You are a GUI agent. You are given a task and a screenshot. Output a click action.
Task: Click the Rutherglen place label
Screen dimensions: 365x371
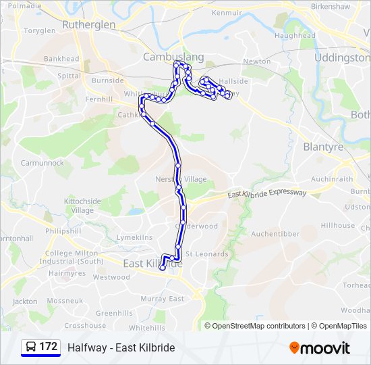coord(88,24)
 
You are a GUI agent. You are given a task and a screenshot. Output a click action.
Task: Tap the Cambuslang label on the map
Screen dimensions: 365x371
coord(164,57)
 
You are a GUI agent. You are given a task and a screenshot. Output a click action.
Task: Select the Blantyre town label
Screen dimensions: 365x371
coord(323,146)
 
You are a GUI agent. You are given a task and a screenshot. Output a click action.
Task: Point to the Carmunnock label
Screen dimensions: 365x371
coord(42,163)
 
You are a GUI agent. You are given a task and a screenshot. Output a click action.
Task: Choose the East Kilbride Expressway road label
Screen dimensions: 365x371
coord(267,194)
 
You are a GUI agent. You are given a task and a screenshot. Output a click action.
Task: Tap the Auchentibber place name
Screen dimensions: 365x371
coord(275,234)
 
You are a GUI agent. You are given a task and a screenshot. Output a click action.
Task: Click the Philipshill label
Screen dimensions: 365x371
coord(63,231)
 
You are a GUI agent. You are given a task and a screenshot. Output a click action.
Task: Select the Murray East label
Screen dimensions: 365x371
coord(162,299)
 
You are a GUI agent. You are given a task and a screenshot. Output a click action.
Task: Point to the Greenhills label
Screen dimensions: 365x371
coord(114,313)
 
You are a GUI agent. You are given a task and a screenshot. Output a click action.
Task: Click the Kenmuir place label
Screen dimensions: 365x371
coord(226,13)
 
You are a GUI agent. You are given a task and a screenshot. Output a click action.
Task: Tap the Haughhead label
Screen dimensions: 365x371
coord(295,35)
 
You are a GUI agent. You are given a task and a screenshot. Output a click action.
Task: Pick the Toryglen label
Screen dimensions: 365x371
coord(40,31)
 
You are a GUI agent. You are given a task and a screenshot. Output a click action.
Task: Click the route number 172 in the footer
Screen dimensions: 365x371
coord(48,347)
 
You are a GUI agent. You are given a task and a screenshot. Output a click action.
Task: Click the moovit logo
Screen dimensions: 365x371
coord(320,348)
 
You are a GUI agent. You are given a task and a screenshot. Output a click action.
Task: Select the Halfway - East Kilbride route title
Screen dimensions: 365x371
coord(121,347)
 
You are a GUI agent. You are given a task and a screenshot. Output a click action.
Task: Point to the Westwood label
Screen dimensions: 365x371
coord(111,277)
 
